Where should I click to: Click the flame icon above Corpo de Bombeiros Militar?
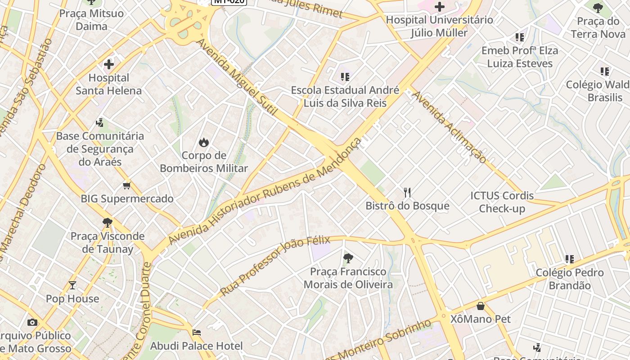(204, 142)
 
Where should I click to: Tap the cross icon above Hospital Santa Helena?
(109, 64)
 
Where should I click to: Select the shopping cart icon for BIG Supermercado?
(127, 185)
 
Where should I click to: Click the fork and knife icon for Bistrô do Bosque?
(407, 193)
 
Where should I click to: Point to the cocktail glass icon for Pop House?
(72, 285)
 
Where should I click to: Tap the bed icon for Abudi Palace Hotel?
(197, 333)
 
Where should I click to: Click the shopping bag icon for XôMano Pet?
(481, 306)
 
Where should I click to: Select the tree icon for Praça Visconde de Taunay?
(108, 222)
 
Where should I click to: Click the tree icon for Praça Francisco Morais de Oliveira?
(348, 258)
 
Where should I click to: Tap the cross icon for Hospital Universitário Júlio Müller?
(439, 7)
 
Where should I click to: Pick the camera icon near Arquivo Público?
(32, 322)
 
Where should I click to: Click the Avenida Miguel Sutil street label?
(237, 76)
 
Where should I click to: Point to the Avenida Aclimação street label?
(449, 127)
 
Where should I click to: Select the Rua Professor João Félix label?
(275, 265)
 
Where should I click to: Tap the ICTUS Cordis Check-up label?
(502, 202)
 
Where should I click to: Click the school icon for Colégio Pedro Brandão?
(570, 259)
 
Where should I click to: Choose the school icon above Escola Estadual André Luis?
(345, 77)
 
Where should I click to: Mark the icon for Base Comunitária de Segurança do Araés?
(100, 122)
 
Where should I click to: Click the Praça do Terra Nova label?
(598, 27)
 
